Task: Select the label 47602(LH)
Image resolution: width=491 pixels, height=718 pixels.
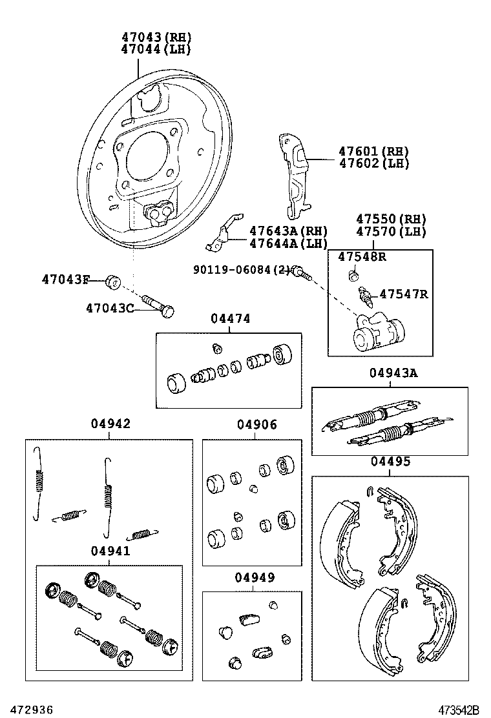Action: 373,164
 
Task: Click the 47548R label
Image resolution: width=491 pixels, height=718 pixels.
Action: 362,256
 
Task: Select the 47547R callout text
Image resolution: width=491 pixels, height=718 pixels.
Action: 403,294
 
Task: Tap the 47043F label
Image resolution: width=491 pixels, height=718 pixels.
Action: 65,280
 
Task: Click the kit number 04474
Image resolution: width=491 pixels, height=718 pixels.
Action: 230,319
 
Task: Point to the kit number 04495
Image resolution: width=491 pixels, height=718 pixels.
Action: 390,462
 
